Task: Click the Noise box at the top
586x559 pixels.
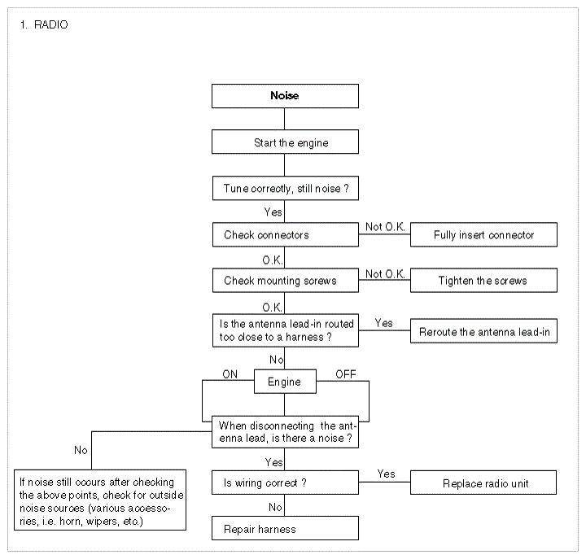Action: (285, 96)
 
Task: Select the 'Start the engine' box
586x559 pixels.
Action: (285, 142)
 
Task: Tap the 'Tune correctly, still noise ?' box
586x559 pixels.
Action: (286, 188)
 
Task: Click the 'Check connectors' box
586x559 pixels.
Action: (286, 234)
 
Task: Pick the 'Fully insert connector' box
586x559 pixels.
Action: (483, 234)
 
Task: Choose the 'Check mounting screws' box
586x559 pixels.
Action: (286, 280)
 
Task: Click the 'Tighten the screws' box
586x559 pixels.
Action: (483, 280)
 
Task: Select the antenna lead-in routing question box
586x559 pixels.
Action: (286, 330)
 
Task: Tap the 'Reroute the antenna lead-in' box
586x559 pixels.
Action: (483, 330)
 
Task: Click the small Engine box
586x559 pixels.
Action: (285, 382)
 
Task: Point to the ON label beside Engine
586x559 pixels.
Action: (230, 374)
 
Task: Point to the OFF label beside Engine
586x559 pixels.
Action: (346, 374)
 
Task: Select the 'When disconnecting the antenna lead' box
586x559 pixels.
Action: (285, 432)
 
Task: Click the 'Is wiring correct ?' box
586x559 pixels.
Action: (285, 483)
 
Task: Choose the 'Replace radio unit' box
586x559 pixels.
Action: (483, 483)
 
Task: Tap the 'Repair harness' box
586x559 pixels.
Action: (285, 528)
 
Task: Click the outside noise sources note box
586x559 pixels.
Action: (100, 500)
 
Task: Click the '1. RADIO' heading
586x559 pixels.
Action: (44, 25)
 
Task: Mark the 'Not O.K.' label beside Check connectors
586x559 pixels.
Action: (385, 226)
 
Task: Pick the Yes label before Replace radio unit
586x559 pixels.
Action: (386, 474)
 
